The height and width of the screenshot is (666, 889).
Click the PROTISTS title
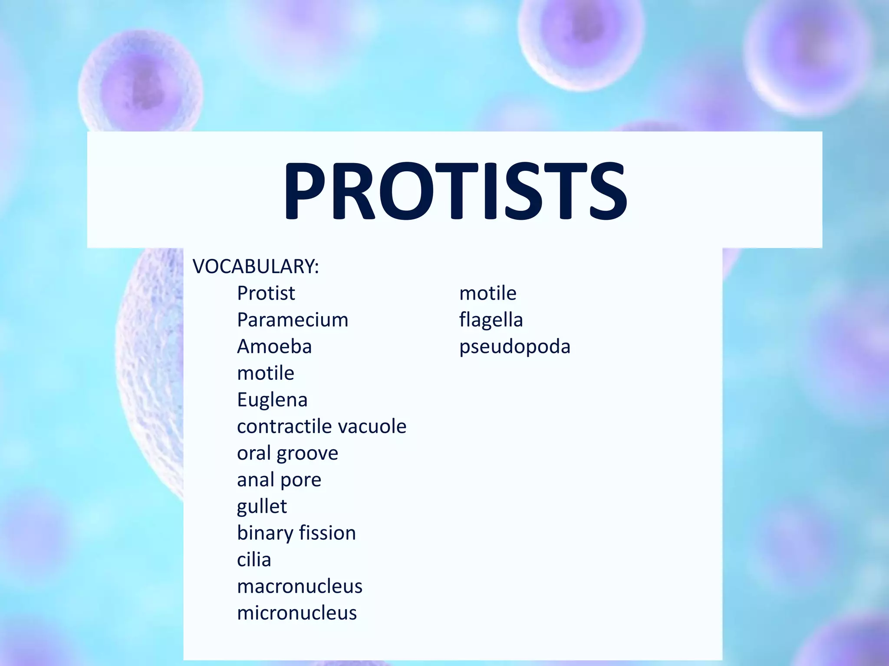(455, 191)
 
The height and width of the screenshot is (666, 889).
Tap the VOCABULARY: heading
(256, 266)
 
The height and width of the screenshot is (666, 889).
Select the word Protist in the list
(266, 293)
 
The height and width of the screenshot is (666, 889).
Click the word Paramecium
(293, 320)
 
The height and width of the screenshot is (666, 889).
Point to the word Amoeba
(274, 346)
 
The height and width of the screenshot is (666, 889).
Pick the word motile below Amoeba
(266, 373)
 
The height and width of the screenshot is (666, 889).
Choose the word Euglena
(272, 400)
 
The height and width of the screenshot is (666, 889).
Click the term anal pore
(279, 480)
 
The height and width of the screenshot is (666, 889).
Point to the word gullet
(262, 506)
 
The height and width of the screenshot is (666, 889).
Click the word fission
(327, 533)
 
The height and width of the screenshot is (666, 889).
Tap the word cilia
(254, 560)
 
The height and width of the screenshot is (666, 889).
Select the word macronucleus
(300, 587)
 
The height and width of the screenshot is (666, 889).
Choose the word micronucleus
(297, 613)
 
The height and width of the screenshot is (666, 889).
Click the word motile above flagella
(488, 293)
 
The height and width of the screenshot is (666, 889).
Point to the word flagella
(491, 320)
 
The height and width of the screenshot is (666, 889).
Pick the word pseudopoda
(515, 347)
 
